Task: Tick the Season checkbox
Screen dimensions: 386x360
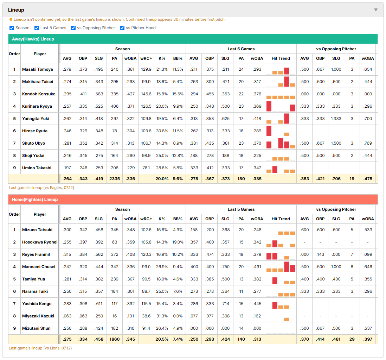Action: coord(12,28)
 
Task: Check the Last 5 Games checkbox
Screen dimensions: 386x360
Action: coord(37,28)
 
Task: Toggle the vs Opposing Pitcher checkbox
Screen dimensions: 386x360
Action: coord(73,28)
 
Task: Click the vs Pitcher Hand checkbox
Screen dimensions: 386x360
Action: coord(122,28)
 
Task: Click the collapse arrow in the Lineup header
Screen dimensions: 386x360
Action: coord(376,10)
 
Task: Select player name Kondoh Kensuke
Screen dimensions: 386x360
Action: coord(39,94)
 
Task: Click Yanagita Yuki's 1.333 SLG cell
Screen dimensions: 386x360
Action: coord(336,119)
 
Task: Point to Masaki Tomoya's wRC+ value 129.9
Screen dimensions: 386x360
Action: coord(146,69)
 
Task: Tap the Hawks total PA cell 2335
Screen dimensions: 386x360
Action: coord(115,179)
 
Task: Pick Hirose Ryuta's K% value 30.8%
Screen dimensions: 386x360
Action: coord(162,131)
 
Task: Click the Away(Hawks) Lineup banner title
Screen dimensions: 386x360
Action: coord(33,39)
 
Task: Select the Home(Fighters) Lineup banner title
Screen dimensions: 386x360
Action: coord(35,199)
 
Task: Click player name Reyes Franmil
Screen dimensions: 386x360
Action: coord(36,254)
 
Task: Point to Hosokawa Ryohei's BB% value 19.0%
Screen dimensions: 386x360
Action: coord(178,242)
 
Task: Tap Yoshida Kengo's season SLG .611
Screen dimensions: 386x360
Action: coord(99,304)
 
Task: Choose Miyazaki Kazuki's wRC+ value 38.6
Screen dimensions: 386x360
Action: coord(146,316)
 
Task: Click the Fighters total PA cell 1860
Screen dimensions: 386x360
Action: coord(115,339)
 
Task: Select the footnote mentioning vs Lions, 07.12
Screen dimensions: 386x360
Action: coord(40,348)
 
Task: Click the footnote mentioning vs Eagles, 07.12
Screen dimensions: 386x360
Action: coord(41,188)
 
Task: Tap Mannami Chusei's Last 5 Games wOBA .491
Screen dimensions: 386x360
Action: coord(257,267)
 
